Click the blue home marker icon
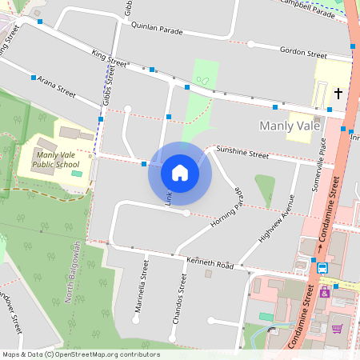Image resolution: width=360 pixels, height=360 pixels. pos(180,173)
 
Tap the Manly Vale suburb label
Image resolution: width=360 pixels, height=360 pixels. pos(290,126)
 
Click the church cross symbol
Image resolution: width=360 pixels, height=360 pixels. pos(338,94)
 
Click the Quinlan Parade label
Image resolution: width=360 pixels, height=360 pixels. pos(156,28)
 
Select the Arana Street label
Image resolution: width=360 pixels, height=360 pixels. pos(56,87)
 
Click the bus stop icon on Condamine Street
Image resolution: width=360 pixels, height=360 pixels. pos(322,268)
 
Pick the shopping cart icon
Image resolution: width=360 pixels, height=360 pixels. pos(337,328)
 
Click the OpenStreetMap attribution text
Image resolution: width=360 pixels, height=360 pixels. pos(80,354)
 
